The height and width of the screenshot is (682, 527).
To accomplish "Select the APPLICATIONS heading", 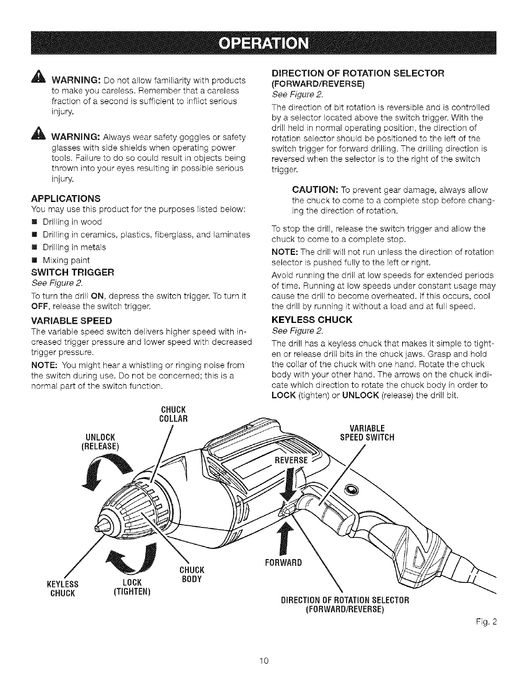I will click(x=66, y=198).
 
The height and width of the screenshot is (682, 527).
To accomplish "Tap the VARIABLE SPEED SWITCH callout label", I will click(x=373, y=433).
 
